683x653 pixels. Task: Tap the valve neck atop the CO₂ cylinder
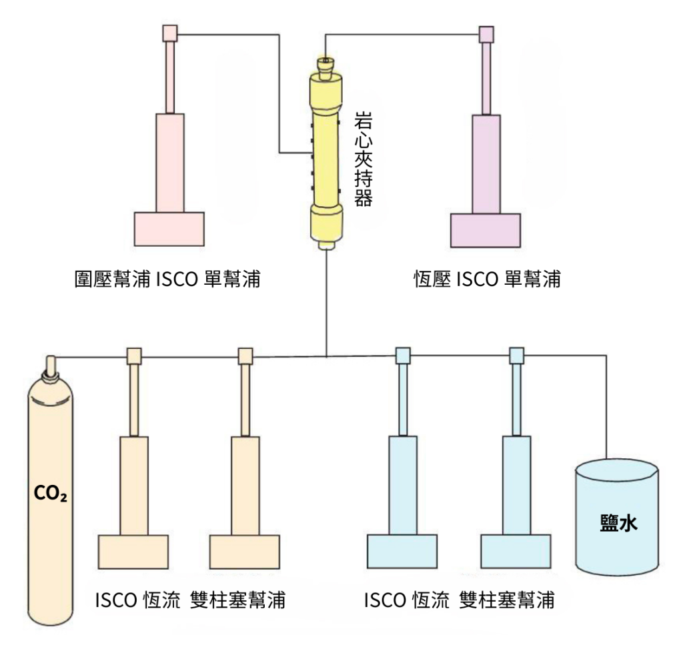tap(49, 366)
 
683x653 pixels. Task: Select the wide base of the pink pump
tap(169, 229)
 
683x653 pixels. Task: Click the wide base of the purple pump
tap(485, 230)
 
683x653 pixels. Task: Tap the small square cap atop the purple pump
tap(486, 33)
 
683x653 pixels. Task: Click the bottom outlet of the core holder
tap(327, 247)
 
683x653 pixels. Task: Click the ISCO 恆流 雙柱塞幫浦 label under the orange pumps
tap(190, 600)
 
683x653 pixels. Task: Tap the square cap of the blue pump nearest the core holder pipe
tap(403, 356)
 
